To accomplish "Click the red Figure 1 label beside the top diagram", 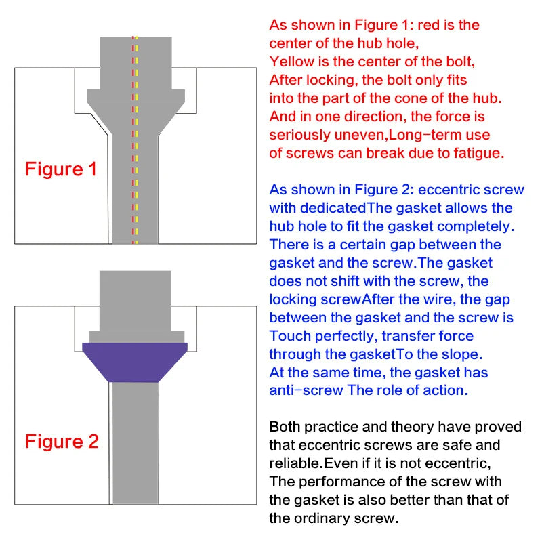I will coord(61,169).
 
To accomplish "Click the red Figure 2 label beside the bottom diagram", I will coord(62,442).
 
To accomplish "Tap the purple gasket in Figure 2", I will coord(135,360).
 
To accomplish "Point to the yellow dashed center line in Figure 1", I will coord(137,169).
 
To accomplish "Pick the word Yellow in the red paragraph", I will coord(290,61).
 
